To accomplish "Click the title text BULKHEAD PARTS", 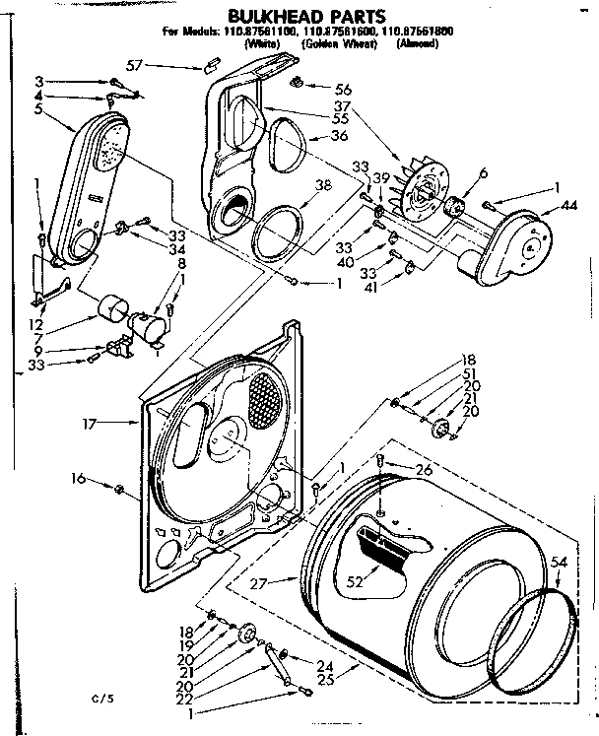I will tap(301, 15).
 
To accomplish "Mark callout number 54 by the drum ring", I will tap(559, 561).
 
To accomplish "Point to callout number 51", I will tap(468, 373).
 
